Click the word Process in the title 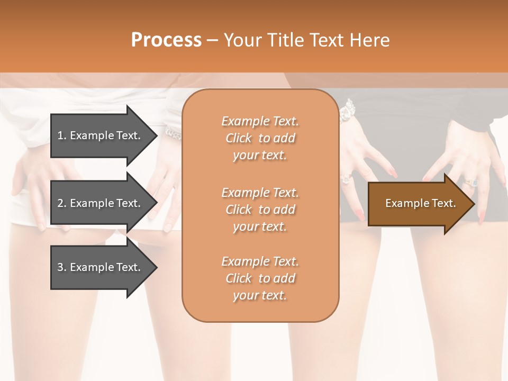[166, 40]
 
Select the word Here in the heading [370, 40]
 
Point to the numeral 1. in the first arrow [62, 135]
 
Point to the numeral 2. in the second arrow [62, 203]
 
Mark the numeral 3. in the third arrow [62, 267]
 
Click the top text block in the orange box [260, 138]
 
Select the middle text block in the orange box [260, 210]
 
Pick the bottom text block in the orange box [260, 278]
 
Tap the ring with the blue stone [471, 183]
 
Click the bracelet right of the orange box [347, 111]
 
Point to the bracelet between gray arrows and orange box [173, 133]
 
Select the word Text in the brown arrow [443, 203]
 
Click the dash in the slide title [212, 40]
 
